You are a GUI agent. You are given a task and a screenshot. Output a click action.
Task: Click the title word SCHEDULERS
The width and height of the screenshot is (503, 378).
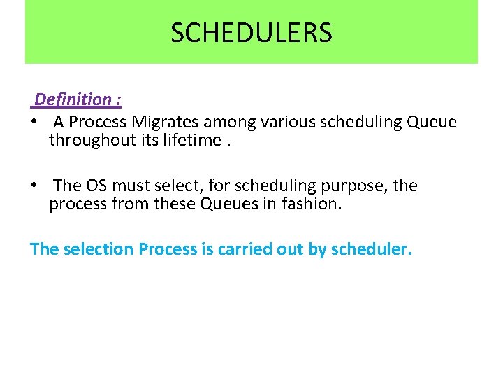[251, 32]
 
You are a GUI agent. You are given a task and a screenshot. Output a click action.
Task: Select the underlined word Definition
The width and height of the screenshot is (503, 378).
[73, 99]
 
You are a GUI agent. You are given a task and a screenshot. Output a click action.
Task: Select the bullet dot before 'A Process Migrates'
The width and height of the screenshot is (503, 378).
[34, 122]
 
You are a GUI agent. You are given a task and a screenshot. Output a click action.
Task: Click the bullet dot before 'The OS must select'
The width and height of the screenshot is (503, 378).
[34, 186]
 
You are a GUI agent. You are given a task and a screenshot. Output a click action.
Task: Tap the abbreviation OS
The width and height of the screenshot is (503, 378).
[97, 186]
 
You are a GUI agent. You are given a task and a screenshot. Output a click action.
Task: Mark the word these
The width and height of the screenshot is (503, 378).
[175, 204]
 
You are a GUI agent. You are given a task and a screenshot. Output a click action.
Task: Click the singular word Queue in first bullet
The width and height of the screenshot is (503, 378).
[431, 122]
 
